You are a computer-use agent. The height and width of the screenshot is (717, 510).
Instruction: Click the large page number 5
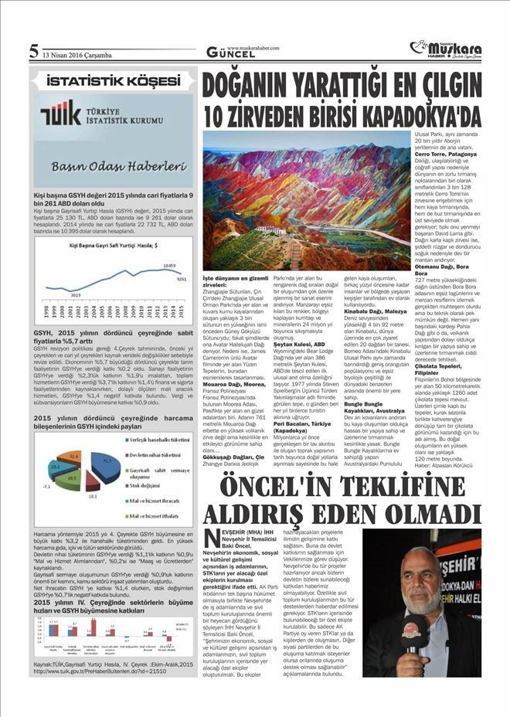coord(33,52)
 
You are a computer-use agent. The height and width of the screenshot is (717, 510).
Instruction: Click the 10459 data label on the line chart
coord(171,265)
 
